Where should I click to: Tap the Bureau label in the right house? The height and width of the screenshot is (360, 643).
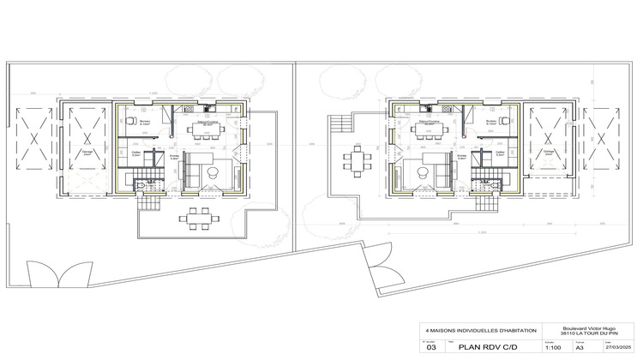pyautogui.click(x=491, y=123)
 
